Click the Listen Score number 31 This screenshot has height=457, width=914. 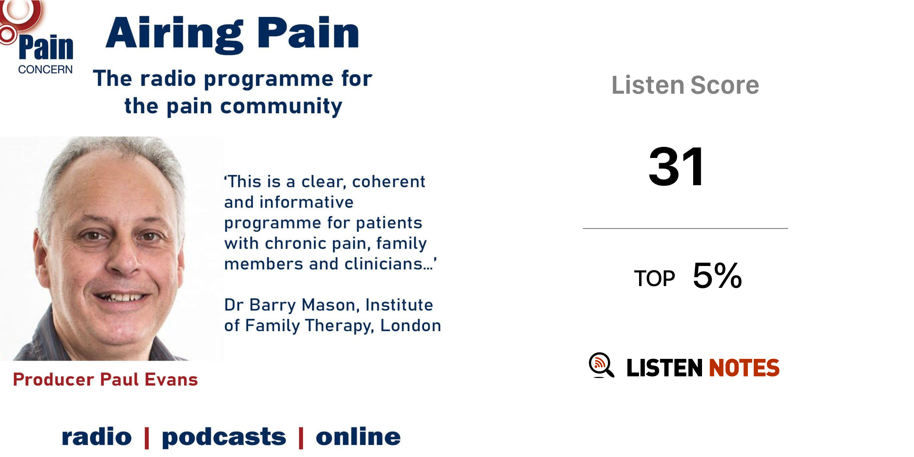pos(677,167)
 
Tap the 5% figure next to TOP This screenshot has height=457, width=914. pos(717,275)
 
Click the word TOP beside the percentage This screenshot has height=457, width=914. pos(654,278)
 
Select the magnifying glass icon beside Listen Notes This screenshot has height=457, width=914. pos(601,365)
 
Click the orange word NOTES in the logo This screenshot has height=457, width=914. pos(744,368)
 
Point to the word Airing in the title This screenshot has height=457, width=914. pos(174,35)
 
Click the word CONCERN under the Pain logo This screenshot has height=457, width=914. pos(45,70)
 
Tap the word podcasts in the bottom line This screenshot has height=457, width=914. pos(224,436)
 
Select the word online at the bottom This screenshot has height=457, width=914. pos(358,436)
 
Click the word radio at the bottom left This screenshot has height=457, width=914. pos(97,436)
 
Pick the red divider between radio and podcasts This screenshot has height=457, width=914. pos(147,437)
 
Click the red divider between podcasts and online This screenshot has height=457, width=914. pos(301,437)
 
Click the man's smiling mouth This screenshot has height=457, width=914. pos(120,297)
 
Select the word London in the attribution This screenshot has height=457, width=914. pos(411,325)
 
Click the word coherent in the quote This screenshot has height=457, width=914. pos(388,182)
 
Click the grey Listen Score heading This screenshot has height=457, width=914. pos(685,85)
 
